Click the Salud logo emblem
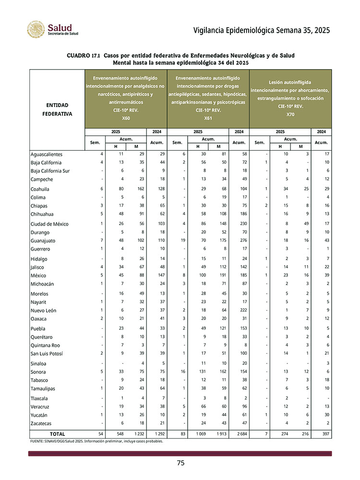pyautogui.click(x=36, y=30)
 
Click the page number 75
pyautogui.click(x=180, y=463)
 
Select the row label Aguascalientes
pyautogui.click(x=47, y=155)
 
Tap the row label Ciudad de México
pyautogui.click(x=49, y=224)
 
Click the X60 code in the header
pyautogui.click(x=126, y=118)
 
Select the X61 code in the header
pyautogui.click(x=208, y=118)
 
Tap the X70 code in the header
pyautogui.click(x=290, y=114)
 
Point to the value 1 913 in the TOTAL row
pyautogui.click(x=218, y=434)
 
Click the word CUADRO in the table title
pyautogui.click(x=79, y=56)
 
